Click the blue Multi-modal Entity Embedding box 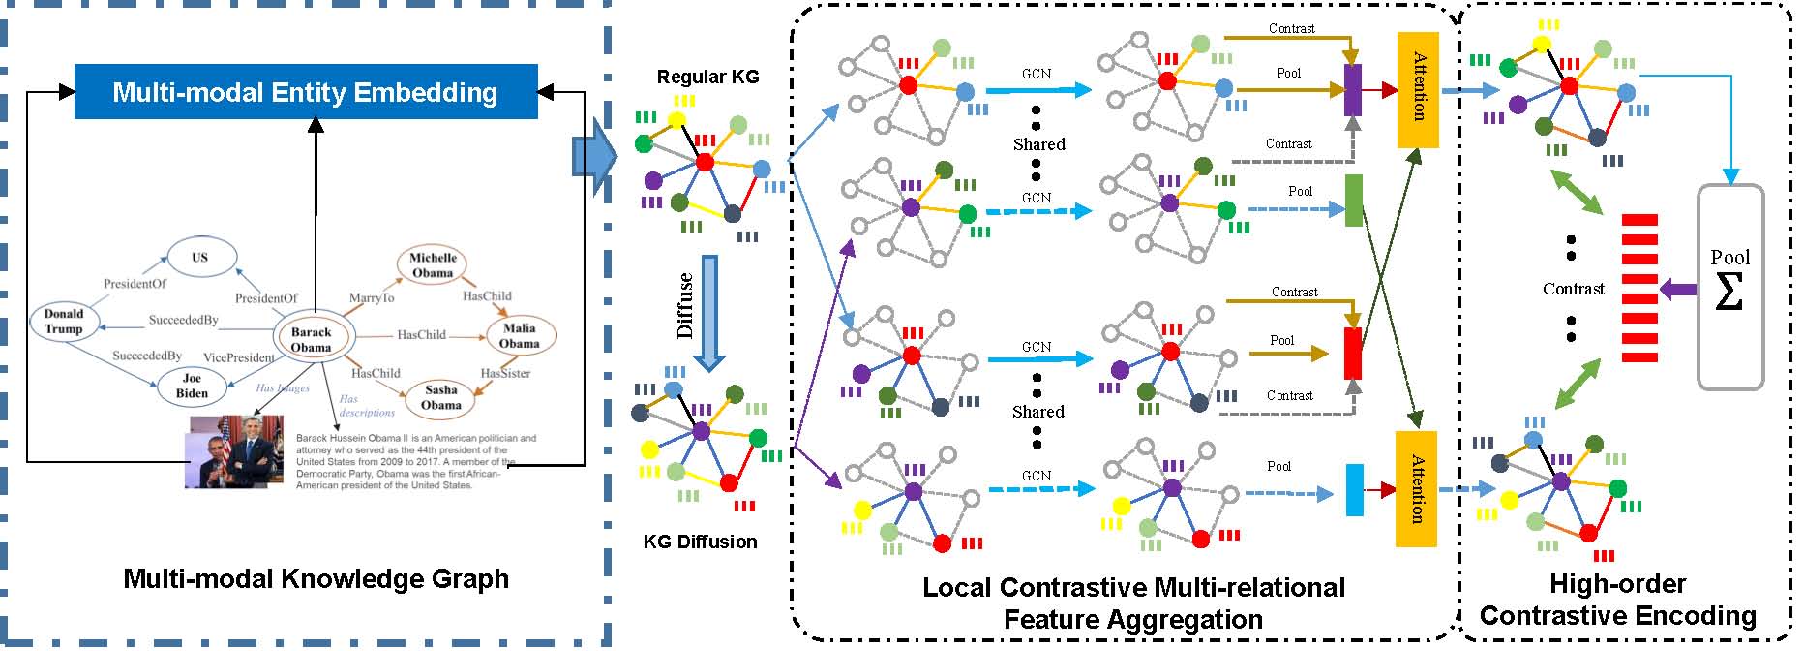pyautogui.click(x=306, y=92)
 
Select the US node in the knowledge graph pyautogui.click(x=199, y=257)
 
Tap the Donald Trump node pyautogui.click(x=64, y=322)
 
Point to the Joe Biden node pyautogui.click(x=192, y=386)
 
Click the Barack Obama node pyautogui.click(x=312, y=339)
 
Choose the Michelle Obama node pyautogui.click(x=433, y=264)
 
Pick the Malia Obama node pyautogui.click(x=519, y=335)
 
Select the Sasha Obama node pyautogui.click(x=440, y=396)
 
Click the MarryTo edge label pyautogui.click(x=372, y=297)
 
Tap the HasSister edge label pyautogui.click(x=505, y=373)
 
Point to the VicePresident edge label pyautogui.click(x=238, y=357)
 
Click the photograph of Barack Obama pyautogui.click(x=234, y=452)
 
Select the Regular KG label pyautogui.click(x=707, y=77)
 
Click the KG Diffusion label pyautogui.click(x=700, y=542)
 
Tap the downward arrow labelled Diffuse pyautogui.click(x=709, y=312)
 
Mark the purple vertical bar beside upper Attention pyautogui.click(x=1353, y=90)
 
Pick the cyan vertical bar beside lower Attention pyautogui.click(x=1355, y=490)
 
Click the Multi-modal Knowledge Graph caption pyautogui.click(x=316, y=579)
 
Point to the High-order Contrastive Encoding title pyautogui.click(x=1617, y=600)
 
